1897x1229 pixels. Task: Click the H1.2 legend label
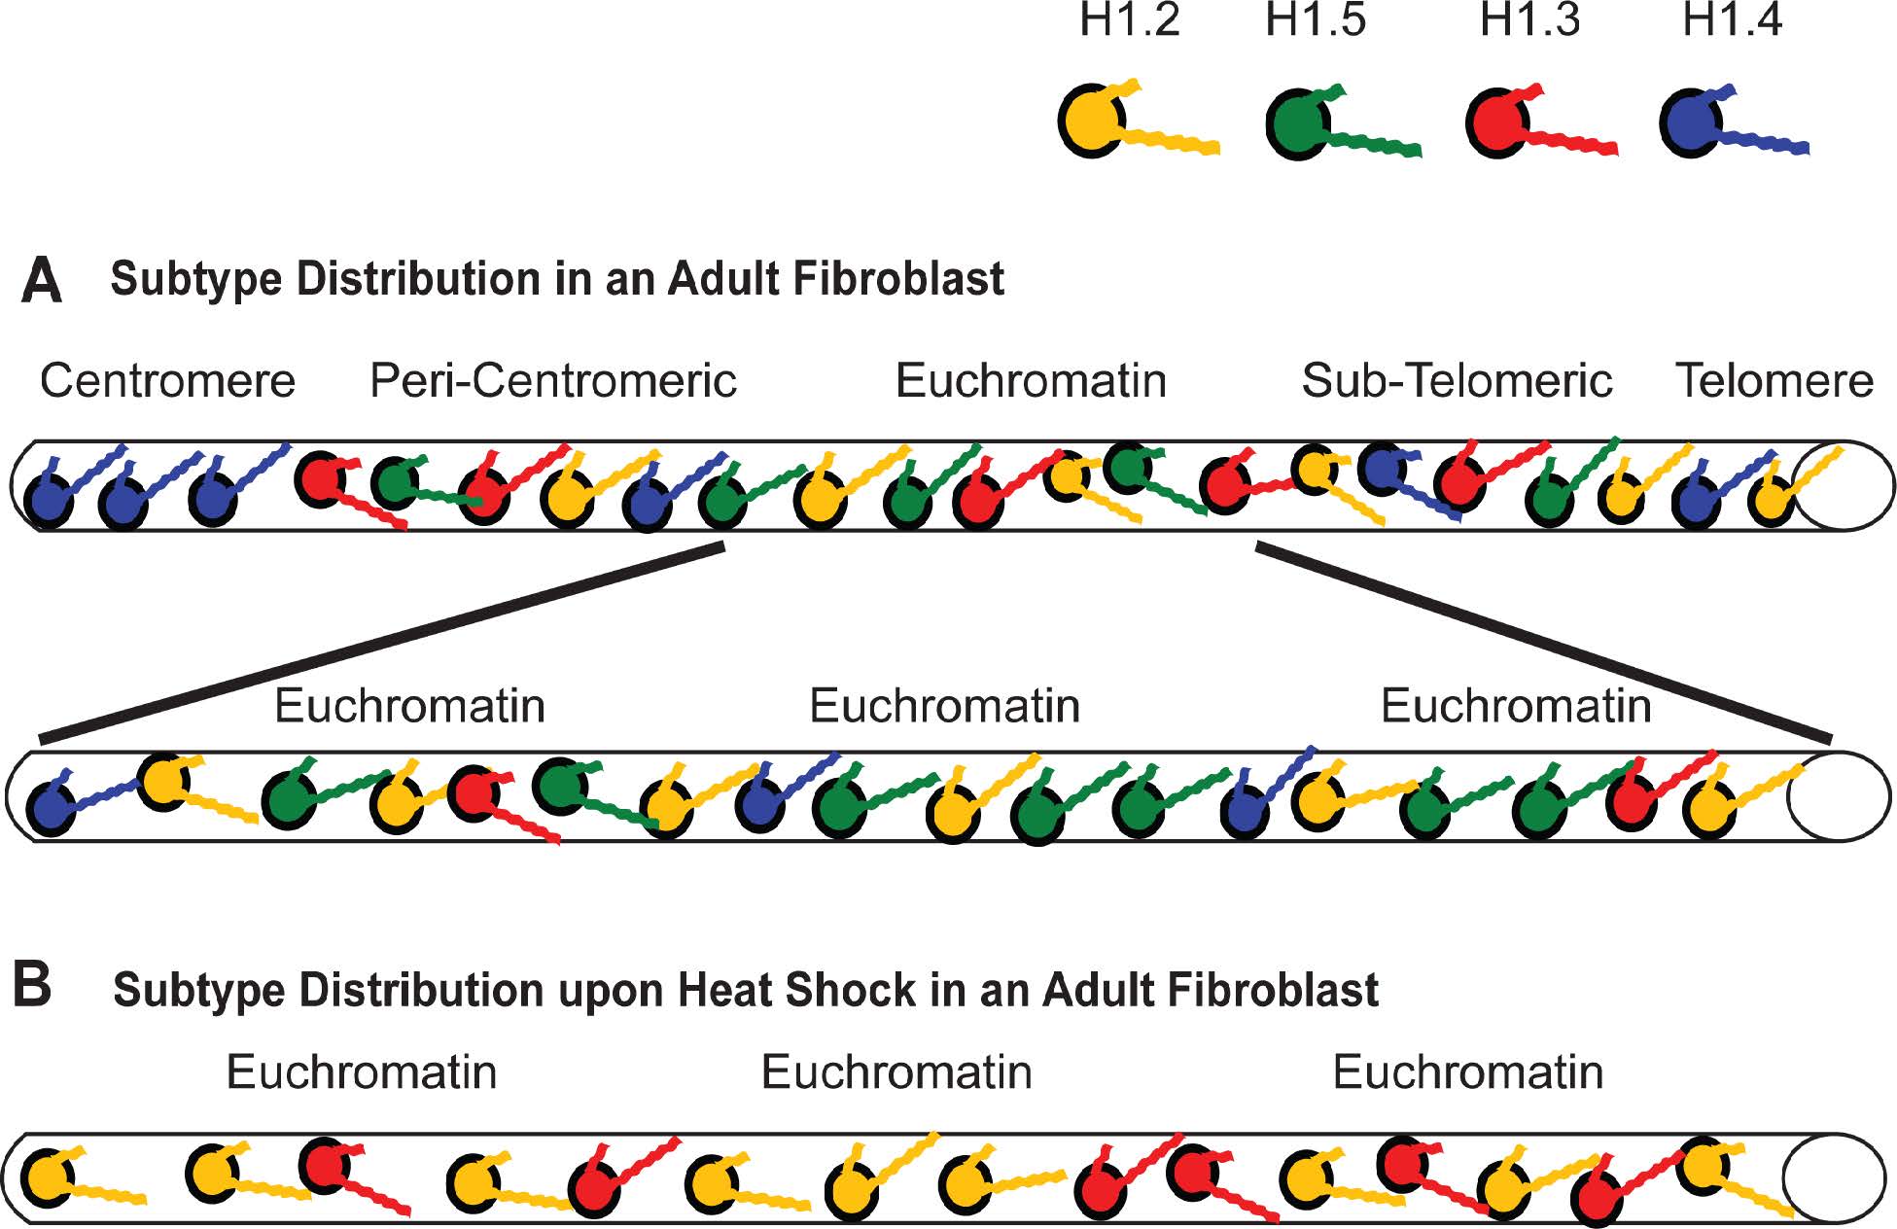1130,21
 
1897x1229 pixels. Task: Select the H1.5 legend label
1315,21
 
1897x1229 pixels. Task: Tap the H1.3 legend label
1529,21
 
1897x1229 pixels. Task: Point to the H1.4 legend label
1733,21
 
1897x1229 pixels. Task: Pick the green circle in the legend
1298,123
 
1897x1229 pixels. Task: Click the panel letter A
42,281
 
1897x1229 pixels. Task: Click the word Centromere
167,380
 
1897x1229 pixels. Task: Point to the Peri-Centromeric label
553,380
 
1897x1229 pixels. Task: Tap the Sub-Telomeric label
1457,380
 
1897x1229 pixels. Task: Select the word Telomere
1774,380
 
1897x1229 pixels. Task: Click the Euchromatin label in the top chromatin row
1031,380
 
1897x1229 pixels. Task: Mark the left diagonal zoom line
382,645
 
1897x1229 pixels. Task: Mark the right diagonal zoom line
1544,643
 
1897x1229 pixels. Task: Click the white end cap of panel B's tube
1821,1178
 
